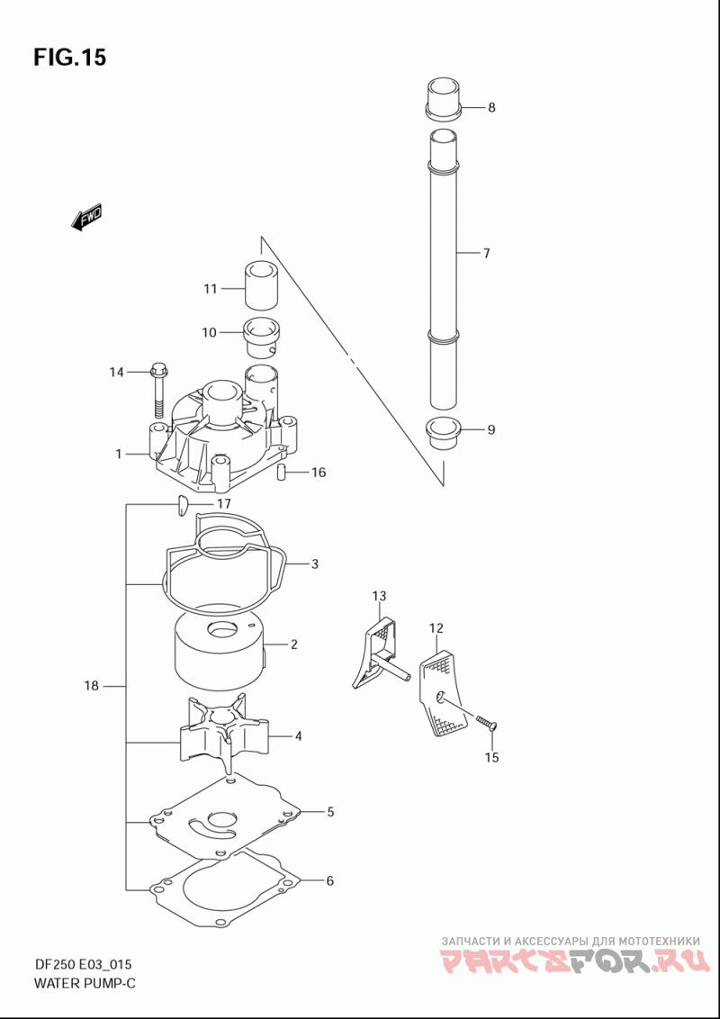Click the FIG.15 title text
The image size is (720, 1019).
pos(69,58)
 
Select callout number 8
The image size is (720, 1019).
pos(491,107)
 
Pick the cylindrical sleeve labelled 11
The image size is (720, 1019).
pos(262,286)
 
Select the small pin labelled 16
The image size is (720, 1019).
pos(283,473)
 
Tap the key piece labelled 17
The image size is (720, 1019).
pos(182,505)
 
